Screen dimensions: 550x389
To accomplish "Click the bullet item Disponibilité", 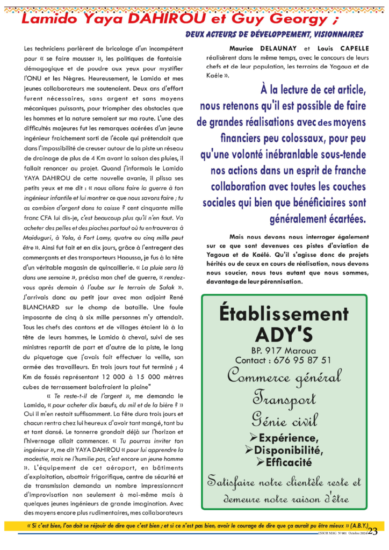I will click(288, 450).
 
